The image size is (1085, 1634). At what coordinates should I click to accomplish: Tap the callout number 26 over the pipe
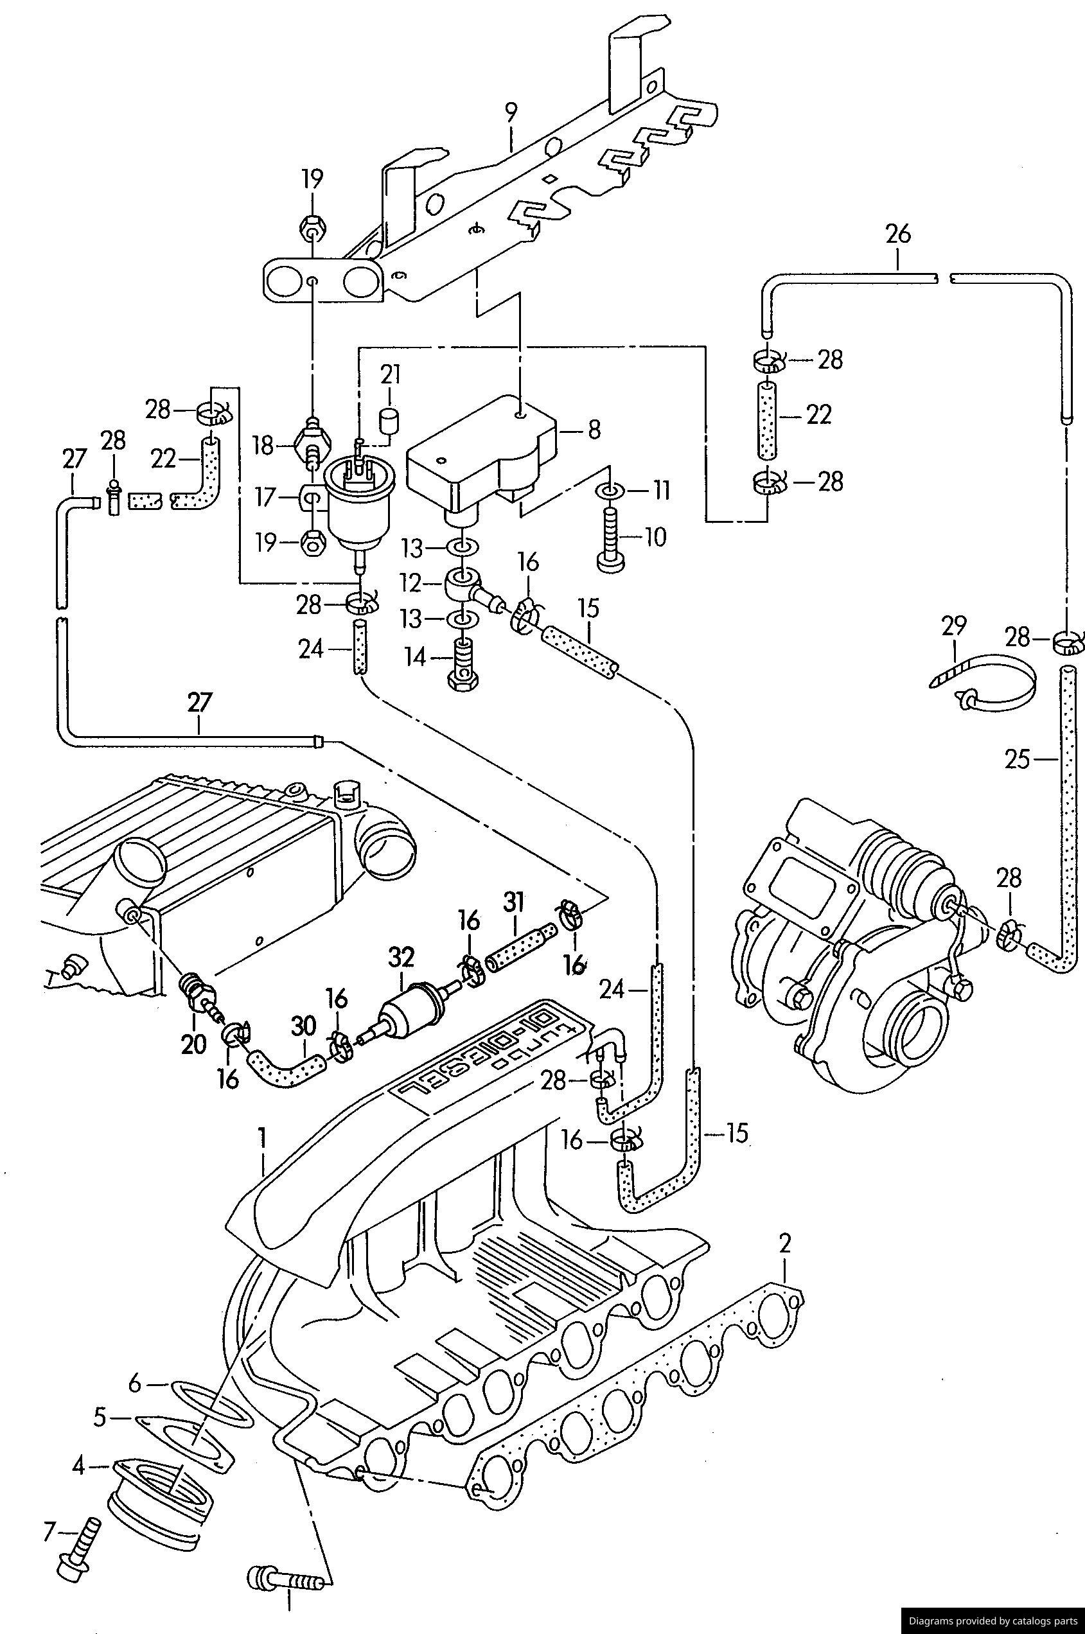coord(897,234)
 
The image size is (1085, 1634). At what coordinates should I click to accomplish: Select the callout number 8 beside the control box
coord(594,430)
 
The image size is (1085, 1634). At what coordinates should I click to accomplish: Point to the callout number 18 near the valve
coord(263,446)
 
